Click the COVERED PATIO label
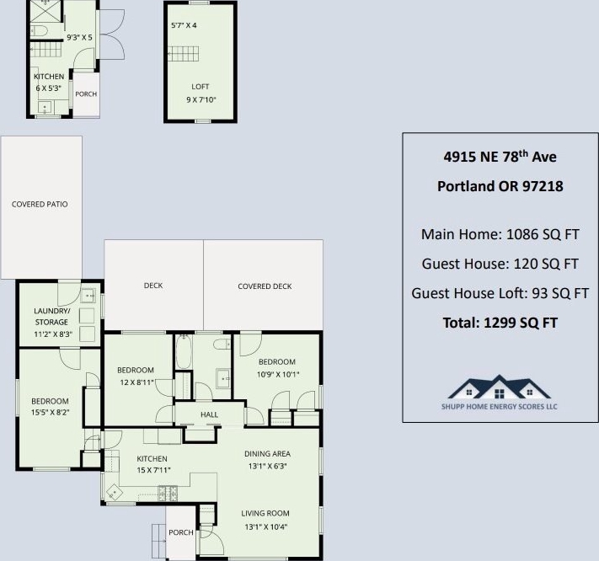[x=40, y=205]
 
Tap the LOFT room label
[x=201, y=87]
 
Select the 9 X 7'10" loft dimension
[x=201, y=100]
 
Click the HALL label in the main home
[x=209, y=414]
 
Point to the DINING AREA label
[x=267, y=454]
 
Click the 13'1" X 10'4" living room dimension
[x=266, y=527]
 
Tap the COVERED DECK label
[x=265, y=286]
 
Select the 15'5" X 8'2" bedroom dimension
[x=50, y=413]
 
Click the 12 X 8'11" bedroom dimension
[x=136, y=382]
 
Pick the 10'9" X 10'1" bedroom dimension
[x=278, y=375]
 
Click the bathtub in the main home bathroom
[x=184, y=352]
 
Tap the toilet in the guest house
[x=39, y=30]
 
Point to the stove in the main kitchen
[x=168, y=493]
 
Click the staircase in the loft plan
[x=184, y=54]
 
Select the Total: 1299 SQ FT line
[x=500, y=323]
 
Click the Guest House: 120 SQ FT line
[x=500, y=264]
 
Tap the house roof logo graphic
[x=500, y=387]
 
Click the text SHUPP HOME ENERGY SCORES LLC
[x=500, y=406]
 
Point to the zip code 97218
[x=543, y=186]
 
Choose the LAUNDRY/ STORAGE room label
[x=51, y=317]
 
